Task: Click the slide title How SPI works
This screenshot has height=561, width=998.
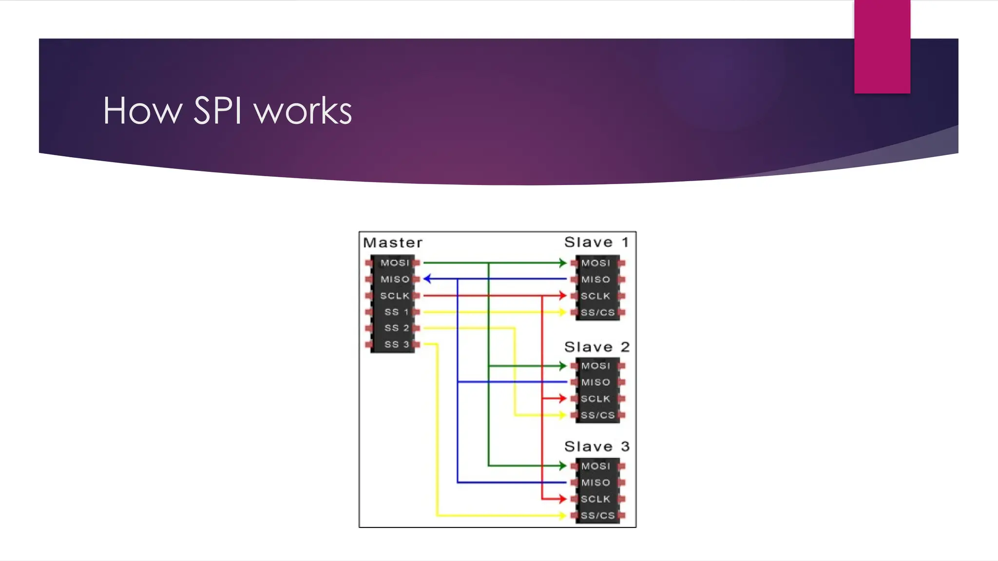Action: click(x=227, y=111)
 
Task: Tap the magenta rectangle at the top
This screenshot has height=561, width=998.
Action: click(x=882, y=46)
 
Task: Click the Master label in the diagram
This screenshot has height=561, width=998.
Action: click(x=393, y=243)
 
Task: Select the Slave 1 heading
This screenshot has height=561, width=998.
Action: click(x=596, y=242)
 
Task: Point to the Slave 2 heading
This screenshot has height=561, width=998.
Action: click(x=596, y=347)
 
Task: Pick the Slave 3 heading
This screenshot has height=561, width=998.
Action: click(x=596, y=447)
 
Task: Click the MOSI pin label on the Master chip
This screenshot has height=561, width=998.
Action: click(x=395, y=263)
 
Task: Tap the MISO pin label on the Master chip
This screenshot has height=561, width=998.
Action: click(x=395, y=280)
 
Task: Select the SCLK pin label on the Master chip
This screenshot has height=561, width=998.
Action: click(x=395, y=296)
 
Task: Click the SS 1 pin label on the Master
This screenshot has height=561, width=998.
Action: click(x=396, y=312)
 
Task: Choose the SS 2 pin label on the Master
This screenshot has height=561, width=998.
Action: click(x=396, y=328)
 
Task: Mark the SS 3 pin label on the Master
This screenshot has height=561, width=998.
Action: click(x=396, y=344)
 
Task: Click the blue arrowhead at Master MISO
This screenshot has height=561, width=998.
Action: click(x=427, y=279)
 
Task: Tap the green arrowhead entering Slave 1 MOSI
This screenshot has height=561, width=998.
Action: click(x=563, y=263)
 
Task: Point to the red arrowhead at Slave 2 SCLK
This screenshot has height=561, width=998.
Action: click(x=563, y=398)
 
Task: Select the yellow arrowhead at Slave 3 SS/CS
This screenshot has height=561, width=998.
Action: click(x=563, y=515)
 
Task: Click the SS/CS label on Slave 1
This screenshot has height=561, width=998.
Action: click(x=597, y=313)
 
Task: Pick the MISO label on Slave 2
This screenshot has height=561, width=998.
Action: click(x=595, y=382)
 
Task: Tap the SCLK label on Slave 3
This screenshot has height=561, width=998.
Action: click(x=595, y=499)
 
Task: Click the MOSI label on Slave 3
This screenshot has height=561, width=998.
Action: click(x=595, y=466)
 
